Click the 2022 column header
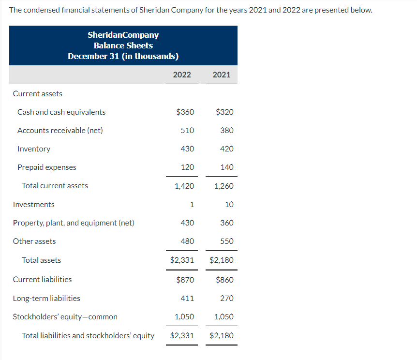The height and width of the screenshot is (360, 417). pyautogui.click(x=181, y=75)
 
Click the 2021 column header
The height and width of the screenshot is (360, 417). pyautogui.click(x=221, y=75)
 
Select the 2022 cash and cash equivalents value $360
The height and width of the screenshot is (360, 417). pyautogui.click(x=185, y=112)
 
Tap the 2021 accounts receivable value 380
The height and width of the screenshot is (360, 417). pyautogui.click(x=226, y=131)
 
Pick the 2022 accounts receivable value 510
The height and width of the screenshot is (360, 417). pyautogui.click(x=187, y=131)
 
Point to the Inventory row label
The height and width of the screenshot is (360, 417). pyautogui.click(x=33, y=149)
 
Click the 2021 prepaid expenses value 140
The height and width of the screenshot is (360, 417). pyautogui.click(x=226, y=167)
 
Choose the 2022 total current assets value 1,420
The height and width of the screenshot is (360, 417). pyautogui.click(x=184, y=186)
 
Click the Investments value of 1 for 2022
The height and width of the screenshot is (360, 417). pyautogui.click(x=192, y=205)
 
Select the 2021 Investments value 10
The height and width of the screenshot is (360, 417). pyautogui.click(x=229, y=205)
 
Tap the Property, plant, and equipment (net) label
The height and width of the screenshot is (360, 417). pyautogui.click(x=74, y=223)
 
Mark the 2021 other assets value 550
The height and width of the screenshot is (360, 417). pyautogui.click(x=226, y=241)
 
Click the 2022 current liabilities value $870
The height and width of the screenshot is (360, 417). pyautogui.click(x=185, y=280)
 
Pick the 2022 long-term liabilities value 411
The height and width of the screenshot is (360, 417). pyautogui.click(x=187, y=299)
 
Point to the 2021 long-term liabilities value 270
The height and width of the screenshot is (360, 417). pyautogui.click(x=226, y=299)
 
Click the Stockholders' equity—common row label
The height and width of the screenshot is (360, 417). pyautogui.click(x=65, y=317)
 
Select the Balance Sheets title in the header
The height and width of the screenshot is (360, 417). pyautogui.click(x=123, y=45)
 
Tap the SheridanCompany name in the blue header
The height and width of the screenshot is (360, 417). pyautogui.click(x=123, y=35)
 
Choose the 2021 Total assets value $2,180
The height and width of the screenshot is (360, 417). pyautogui.click(x=222, y=260)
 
